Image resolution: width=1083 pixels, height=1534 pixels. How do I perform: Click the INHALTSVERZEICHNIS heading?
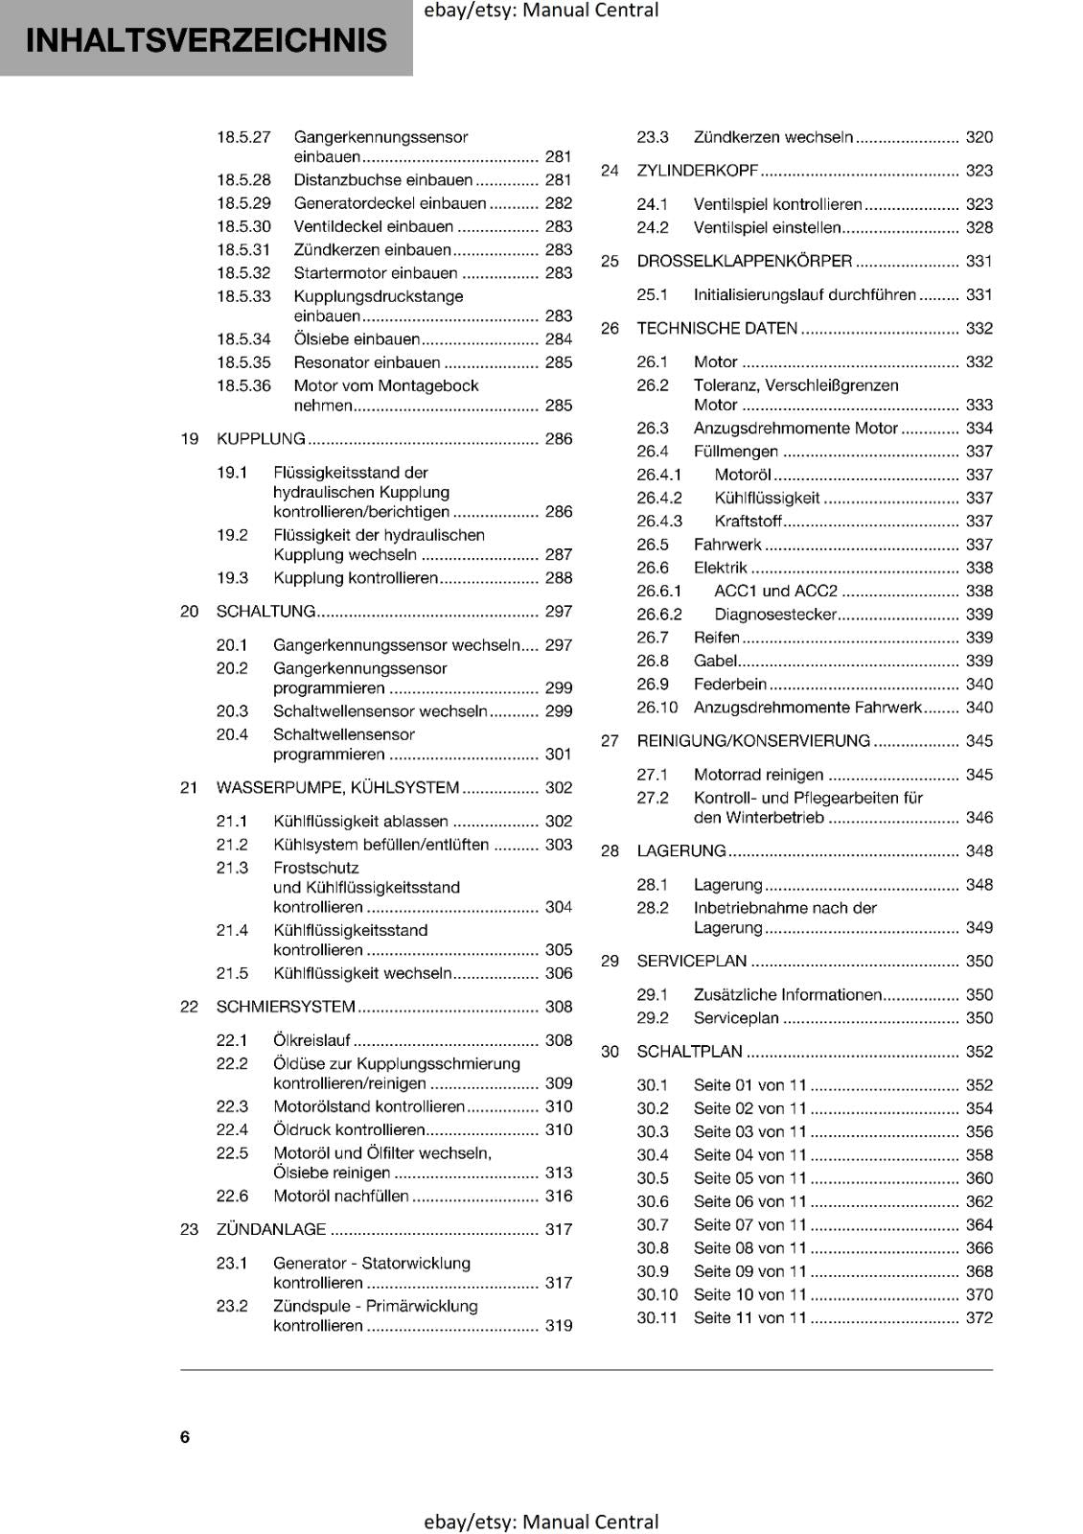pyautogui.click(x=206, y=40)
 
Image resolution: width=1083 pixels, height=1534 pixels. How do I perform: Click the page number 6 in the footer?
pyautogui.click(x=185, y=1436)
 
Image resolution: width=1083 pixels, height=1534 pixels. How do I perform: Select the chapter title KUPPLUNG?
pyautogui.click(x=261, y=439)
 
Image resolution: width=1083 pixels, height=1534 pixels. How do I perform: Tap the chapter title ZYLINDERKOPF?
pyautogui.click(x=698, y=171)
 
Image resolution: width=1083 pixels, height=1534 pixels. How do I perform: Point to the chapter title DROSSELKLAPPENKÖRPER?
pyautogui.click(x=744, y=261)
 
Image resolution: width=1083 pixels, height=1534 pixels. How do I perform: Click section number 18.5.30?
pyautogui.click(x=243, y=226)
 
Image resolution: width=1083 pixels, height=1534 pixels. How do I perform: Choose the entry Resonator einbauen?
pyautogui.click(x=366, y=362)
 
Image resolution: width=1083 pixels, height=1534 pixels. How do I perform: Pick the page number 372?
pyautogui.click(x=979, y=1317)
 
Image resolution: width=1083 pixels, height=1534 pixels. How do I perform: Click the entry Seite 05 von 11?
pyautogui.click(x=749, y=1178)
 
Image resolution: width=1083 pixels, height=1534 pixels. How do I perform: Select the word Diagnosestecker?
pyautogui.click(x=775, y=615)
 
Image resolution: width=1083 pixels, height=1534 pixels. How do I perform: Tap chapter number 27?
pyautogui.click(x=610, y=741)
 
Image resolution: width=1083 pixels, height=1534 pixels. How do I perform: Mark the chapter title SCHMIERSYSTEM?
pyautogui.click(x=286, y=1007)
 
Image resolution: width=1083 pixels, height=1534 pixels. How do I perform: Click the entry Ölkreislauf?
pyautogui.click(x=311, y=1040)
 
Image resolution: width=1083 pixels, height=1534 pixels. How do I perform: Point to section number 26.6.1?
pyautogui.click(x=659, y=592)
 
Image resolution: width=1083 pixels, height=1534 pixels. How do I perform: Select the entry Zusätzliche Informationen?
pyautogui.click(x=787, y=995)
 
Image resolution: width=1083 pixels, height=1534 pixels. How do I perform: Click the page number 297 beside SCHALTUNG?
pyautogui.click(x=558, y=612)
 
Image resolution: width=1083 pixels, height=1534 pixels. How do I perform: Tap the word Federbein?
pyautogui.click(x=729, y=685)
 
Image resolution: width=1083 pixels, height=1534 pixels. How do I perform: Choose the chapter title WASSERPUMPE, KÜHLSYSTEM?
pyautogui.click(x=337, y=788)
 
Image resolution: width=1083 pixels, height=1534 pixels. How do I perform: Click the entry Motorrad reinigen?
pyautogui.click(x=758, y=775)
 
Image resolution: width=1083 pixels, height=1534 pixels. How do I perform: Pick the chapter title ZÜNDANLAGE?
pyautogui.click(x=271, y=1229)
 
